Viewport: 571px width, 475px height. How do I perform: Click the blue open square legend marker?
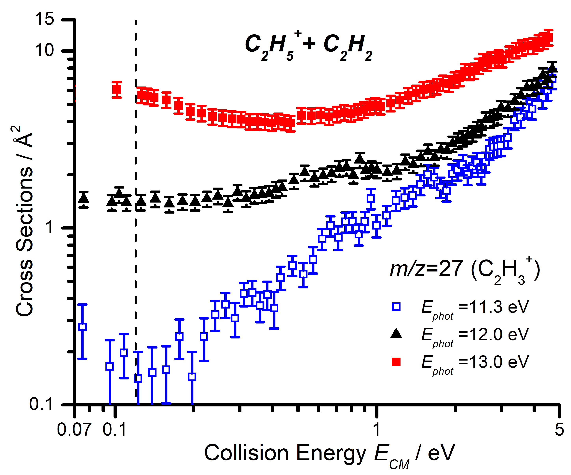pyautogui.click(x=396, y=307)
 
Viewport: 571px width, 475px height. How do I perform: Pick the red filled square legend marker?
pyautogui.click(x=396, y=362)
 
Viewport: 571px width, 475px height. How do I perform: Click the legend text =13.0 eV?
pyautogui.click(x=494, y=362)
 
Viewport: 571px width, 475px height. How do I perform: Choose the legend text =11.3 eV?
pyautogui.click(x=494, y=307)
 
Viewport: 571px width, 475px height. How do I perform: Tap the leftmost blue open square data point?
pyautogui.click(x=82, y=327)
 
